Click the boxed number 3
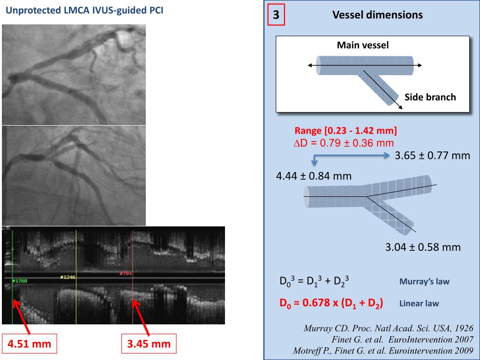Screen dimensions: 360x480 [x=276, y=15]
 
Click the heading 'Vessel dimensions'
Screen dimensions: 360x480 [x=377, y=15]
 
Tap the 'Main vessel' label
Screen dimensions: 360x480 [x=363, y=45]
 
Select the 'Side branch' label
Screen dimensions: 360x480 [x=430, y=97]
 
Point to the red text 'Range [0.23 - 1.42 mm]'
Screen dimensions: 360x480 [x=346, y=131]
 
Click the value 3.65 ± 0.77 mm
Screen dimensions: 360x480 [x=432, y=156]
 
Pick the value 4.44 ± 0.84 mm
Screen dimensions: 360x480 [x=314, y=176]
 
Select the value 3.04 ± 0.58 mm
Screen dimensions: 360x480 [x=423, y=247]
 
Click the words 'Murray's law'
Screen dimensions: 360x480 [x=424, y=282]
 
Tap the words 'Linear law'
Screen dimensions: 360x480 [x=419, y=303]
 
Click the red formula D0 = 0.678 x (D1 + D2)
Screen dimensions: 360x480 [x=331, y=303]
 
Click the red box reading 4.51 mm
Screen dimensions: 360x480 [x=29, y=344]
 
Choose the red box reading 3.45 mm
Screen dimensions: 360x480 [x=149, y=344]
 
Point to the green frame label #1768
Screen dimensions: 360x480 [x=20, y=281]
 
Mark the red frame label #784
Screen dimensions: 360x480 [x=125, y=273]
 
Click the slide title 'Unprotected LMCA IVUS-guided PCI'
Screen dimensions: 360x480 [x=84, y=11]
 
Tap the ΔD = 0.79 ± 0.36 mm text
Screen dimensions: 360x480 [x=343, y=142]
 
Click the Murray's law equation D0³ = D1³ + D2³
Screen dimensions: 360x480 [x=313, y=282]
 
